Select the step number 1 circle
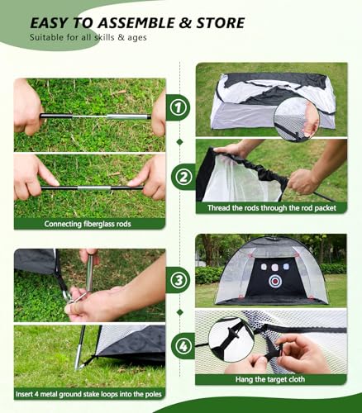(x=179, y=106)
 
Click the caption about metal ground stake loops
(x=89, y=396)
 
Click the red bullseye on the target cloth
(x=274, y=281)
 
